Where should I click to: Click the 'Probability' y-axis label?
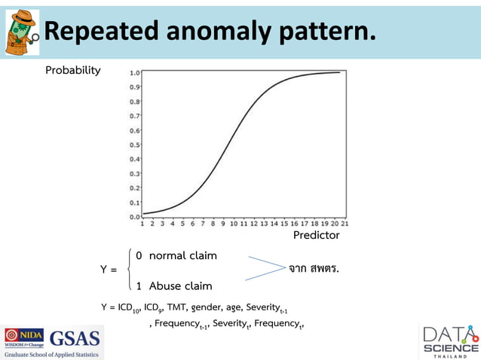73,70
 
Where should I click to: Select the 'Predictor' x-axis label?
316,235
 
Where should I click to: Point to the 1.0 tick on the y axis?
133,73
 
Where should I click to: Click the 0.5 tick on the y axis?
133,145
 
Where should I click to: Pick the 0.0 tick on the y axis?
133,216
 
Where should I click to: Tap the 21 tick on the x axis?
344,224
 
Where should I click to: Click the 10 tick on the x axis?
234,224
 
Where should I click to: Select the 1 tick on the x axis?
143,224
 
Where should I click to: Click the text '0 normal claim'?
176,255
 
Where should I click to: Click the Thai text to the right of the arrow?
314,267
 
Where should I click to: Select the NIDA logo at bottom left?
24,338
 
